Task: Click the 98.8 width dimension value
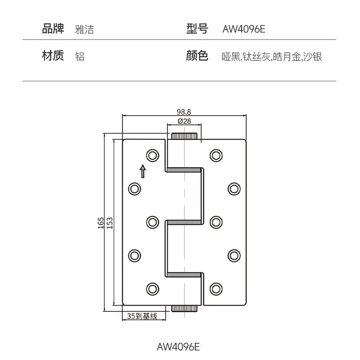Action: (184, 112)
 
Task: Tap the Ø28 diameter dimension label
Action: (184, 121)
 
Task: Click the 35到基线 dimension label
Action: (142, 316)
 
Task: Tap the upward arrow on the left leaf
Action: (143, 171)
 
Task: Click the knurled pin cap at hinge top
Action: (184, 136)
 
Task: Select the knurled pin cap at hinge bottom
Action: (184, 309)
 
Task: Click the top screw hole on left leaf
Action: (153, 156)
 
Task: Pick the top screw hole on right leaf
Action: (216, 156)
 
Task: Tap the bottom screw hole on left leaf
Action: (153, 288)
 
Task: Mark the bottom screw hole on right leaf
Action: (216, 288)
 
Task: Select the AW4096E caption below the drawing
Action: (178, 347)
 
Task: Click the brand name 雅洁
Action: (85, 30)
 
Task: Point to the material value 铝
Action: (80, 57)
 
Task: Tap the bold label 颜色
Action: (197, 56)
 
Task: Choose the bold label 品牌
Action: (53, 29)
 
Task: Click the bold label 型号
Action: (197, 29)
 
